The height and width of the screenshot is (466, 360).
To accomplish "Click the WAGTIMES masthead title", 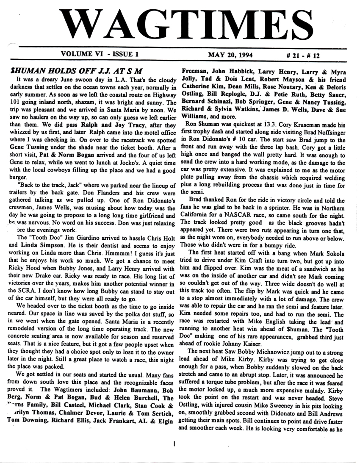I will [x=180, y=25].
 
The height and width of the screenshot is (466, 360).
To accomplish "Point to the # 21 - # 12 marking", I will [x=302, y=55].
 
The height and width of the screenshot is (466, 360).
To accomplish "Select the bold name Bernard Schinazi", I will [x=206, y=102].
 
